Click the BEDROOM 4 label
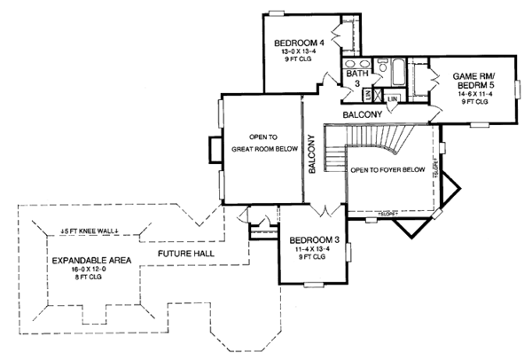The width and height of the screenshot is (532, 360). click(296, 42)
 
